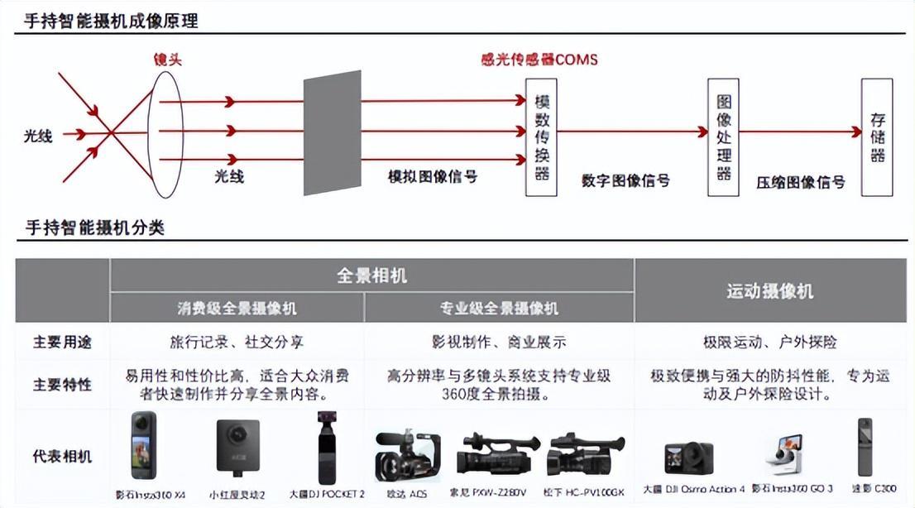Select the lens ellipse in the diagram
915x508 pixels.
(x=164, y=132)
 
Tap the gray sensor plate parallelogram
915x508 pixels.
(x=333, y=132)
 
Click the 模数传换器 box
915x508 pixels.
(x=543, y=137)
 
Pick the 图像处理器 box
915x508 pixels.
(x=723, y=137)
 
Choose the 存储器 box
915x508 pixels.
(x=877, y=137)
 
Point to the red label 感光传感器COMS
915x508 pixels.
(x=539, y=60)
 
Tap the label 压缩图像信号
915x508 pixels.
(x=800, y=182)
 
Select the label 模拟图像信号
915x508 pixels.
(x=433, y=176)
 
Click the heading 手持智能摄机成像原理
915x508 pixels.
(x=112, y=22)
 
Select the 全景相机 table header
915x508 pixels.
(x=371, y=276)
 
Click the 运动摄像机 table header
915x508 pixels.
(x=769, y=291)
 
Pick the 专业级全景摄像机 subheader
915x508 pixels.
(x=499, y=309)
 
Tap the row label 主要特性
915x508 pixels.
(x=62, y=385)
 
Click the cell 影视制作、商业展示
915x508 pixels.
(x=499, y=342)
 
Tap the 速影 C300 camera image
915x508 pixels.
(x=865, y=452)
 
